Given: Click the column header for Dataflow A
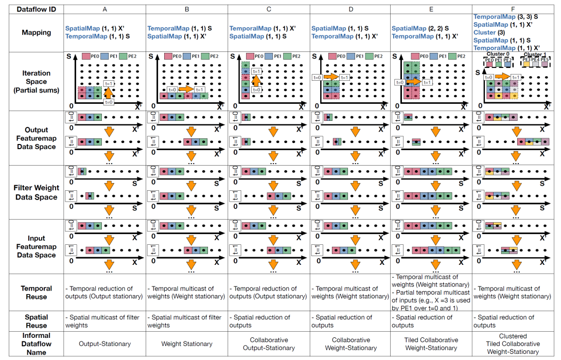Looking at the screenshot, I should (x=105, y=8).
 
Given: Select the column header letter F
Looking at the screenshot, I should (x=514, y=8).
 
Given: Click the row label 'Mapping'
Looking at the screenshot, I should (x=37, y=32).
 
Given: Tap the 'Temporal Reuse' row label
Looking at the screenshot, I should (x=37, y=292).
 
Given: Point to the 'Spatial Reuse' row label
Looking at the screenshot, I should (x=37, y=321).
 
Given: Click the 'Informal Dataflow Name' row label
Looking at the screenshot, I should (x=37, y=344).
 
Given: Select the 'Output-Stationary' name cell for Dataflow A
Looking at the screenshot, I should (x=105, y=344).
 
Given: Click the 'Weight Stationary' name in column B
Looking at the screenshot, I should (x=187, y=344).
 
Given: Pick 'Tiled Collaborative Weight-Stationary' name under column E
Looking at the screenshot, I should (x=432, y=344).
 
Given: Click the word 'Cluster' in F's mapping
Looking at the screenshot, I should (x=485, y=32).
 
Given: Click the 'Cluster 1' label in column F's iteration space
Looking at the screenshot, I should (x=535, y=55).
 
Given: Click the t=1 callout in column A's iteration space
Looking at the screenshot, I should (x=109, y=83).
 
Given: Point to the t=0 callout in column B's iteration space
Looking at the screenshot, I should (x=173, y=88).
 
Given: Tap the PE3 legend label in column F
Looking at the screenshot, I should (x=527, y=60).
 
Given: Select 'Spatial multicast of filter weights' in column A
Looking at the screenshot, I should (x=102, y=321).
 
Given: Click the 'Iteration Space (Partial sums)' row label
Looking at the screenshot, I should (x=37, y=82).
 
